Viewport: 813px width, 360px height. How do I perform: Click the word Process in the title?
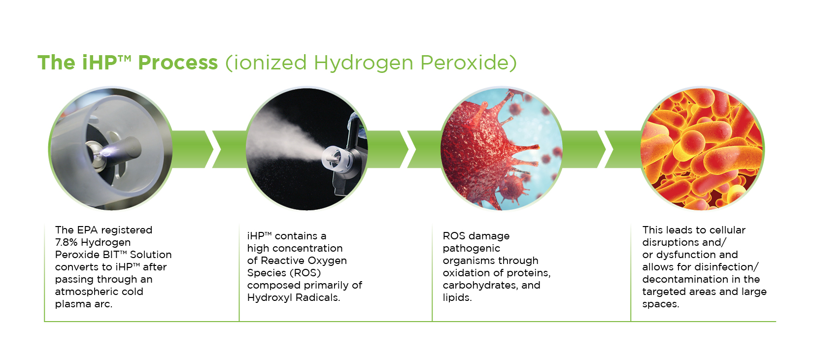click(178, 63)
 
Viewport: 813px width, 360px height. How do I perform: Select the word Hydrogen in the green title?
click(364, 63)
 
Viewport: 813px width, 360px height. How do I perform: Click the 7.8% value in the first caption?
click(67, 242)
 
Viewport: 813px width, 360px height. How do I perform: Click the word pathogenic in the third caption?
click(471, 249)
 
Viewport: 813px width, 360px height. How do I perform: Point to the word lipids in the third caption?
click(457, 297)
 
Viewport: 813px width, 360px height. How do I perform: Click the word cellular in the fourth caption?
click(727, 229)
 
